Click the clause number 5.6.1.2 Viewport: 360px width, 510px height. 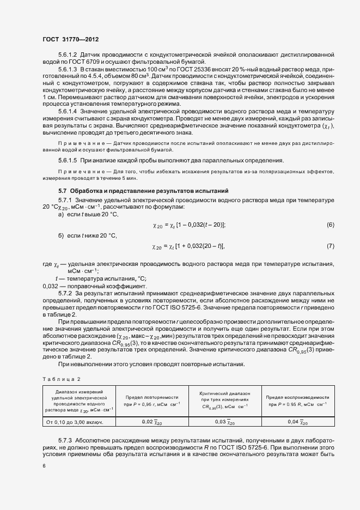coord(68,56)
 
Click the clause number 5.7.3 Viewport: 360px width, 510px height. coord(68,439)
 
